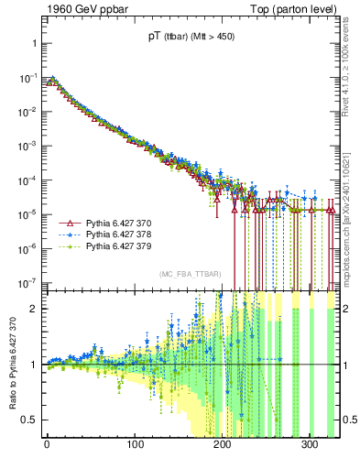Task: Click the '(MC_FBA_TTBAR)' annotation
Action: coord(189,275)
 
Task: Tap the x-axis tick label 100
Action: coord(135,445)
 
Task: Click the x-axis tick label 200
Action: coord(223,445)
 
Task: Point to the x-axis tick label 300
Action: coord(311,445)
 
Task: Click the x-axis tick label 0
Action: coord(47,445)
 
